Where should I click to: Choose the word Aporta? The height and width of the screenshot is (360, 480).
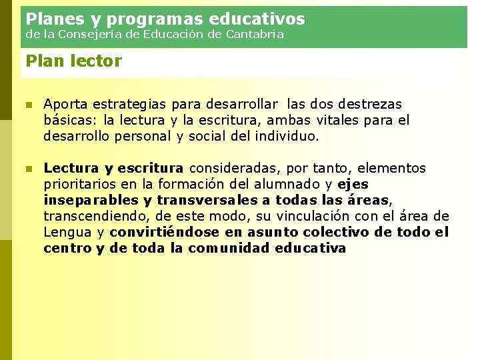tap(65, 105)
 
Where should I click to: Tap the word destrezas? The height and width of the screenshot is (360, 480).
tap(370, 105)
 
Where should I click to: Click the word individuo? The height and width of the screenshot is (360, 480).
tap(291, 137)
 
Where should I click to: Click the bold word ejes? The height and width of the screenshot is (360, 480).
tap(353, 184)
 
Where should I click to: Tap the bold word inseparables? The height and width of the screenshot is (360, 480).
tap(91, 200)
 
